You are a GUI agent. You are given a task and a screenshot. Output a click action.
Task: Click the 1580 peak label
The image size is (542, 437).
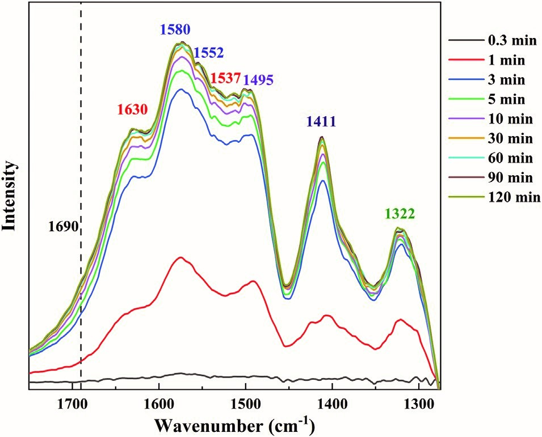(175, 30)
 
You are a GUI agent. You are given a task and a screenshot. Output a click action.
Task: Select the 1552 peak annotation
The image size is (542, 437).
(208, 53)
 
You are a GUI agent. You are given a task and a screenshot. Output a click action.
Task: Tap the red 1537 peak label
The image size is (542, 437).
(225, 79)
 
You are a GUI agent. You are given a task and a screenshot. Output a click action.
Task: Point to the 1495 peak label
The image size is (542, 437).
(259, 80)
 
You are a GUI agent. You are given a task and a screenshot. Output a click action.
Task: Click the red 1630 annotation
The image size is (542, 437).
(132, 109)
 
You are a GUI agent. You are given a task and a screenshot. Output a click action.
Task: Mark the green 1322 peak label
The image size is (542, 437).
(400, 214)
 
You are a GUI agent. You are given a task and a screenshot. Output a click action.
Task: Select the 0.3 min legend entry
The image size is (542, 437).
(493, 41)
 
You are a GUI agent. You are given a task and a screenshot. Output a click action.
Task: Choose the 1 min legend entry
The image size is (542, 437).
(487, 61)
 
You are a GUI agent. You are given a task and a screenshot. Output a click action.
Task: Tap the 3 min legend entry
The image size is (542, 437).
(487, 80)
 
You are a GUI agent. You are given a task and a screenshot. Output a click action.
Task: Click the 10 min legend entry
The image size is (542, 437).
(491, 119)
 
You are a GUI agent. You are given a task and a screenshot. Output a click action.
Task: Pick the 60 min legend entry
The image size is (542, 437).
(491, 158)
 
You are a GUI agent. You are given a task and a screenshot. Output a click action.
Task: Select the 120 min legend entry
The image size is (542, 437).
(495, 197)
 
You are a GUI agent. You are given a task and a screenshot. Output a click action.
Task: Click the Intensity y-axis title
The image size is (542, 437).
(9, 196)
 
